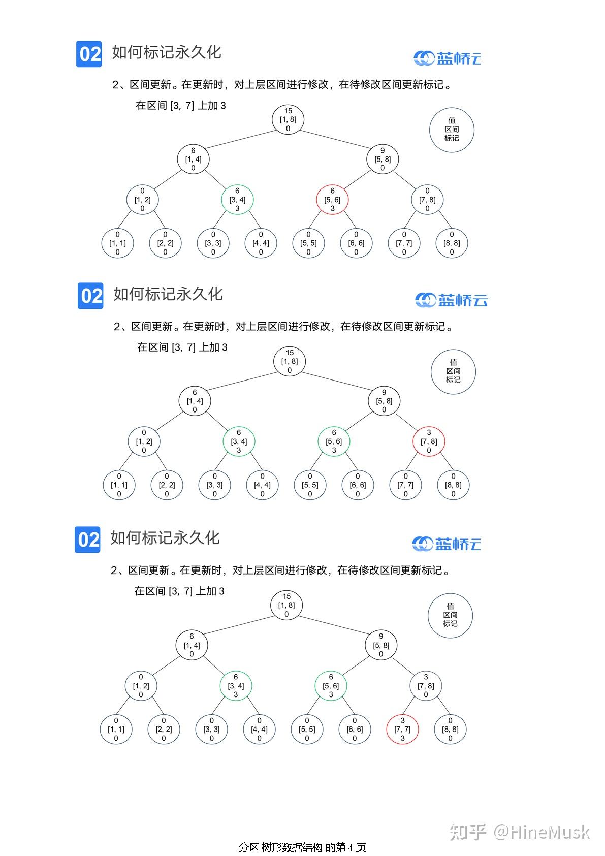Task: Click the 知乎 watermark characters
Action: coord(467,832)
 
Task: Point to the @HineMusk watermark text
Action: coord(542,832)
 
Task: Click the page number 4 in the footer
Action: coord(351,847)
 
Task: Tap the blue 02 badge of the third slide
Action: coord(87,539)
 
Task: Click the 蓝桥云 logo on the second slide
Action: coord(452,300)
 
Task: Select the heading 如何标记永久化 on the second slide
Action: coord(168,294)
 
